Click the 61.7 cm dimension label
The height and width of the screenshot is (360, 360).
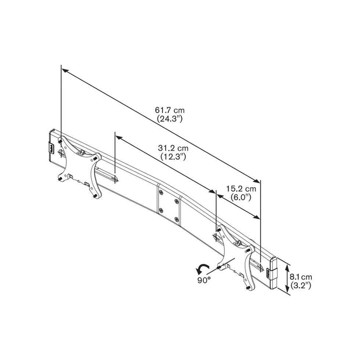pos(170,110)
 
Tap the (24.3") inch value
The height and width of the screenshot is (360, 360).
pos(170,119)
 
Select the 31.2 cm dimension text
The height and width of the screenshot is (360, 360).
pos(173,148)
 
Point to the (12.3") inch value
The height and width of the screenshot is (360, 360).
pos(173,157)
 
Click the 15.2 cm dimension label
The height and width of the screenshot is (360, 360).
pos(241,189)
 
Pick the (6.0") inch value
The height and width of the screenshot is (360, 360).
pos(241,198)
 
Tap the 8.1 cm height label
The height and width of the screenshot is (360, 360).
pos(301,277)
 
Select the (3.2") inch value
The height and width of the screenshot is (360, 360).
pos(301,285)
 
